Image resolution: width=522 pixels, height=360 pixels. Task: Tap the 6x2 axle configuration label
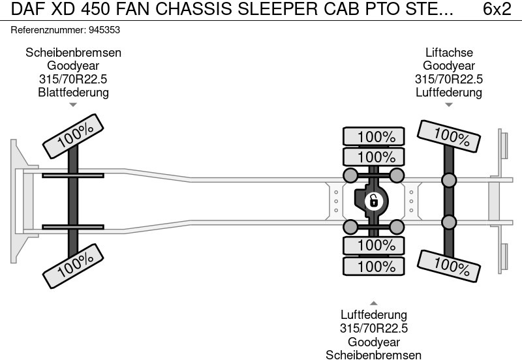pyautogui.click(x=497, y=10)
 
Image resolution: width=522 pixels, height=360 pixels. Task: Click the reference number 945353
pyautogui.click(x=103, y=30)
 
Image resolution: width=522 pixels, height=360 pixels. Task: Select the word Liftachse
pyautogui.click(x=449, y=53)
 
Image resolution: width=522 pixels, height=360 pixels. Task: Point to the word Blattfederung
pyautogui.click(x=73, y=92)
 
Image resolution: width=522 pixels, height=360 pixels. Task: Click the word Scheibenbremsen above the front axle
pyautogui.click(x=73, y=53)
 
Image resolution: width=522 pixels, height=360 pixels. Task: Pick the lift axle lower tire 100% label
pyautogui.click(x=448, y=265)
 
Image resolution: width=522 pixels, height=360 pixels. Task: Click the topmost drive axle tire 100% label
pyautogui.click(x=375, y=137)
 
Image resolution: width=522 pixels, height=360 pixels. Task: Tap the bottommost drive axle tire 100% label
pyautogui.click(x=375, y=266)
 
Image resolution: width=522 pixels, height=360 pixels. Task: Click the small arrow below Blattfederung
pyautogui.click(x=73, y=104)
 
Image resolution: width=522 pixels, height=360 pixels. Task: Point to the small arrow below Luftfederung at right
pyautogui.click(x=448, y=104)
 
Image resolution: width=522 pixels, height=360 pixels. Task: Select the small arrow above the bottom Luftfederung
pyautogui.click(x=374, y=303)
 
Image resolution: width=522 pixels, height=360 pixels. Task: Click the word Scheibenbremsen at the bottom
pyautogui.click(x=374, y=355)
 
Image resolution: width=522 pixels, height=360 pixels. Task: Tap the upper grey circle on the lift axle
pyautogui.click(x=449, y=180)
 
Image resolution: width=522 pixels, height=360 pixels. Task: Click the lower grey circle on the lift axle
pyautogui.click(x=449, y=223)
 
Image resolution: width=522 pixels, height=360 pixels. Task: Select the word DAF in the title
pyautogui.click(x=23, y=10)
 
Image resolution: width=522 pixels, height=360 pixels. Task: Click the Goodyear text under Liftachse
pyautogui.click(x=449, y=66)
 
